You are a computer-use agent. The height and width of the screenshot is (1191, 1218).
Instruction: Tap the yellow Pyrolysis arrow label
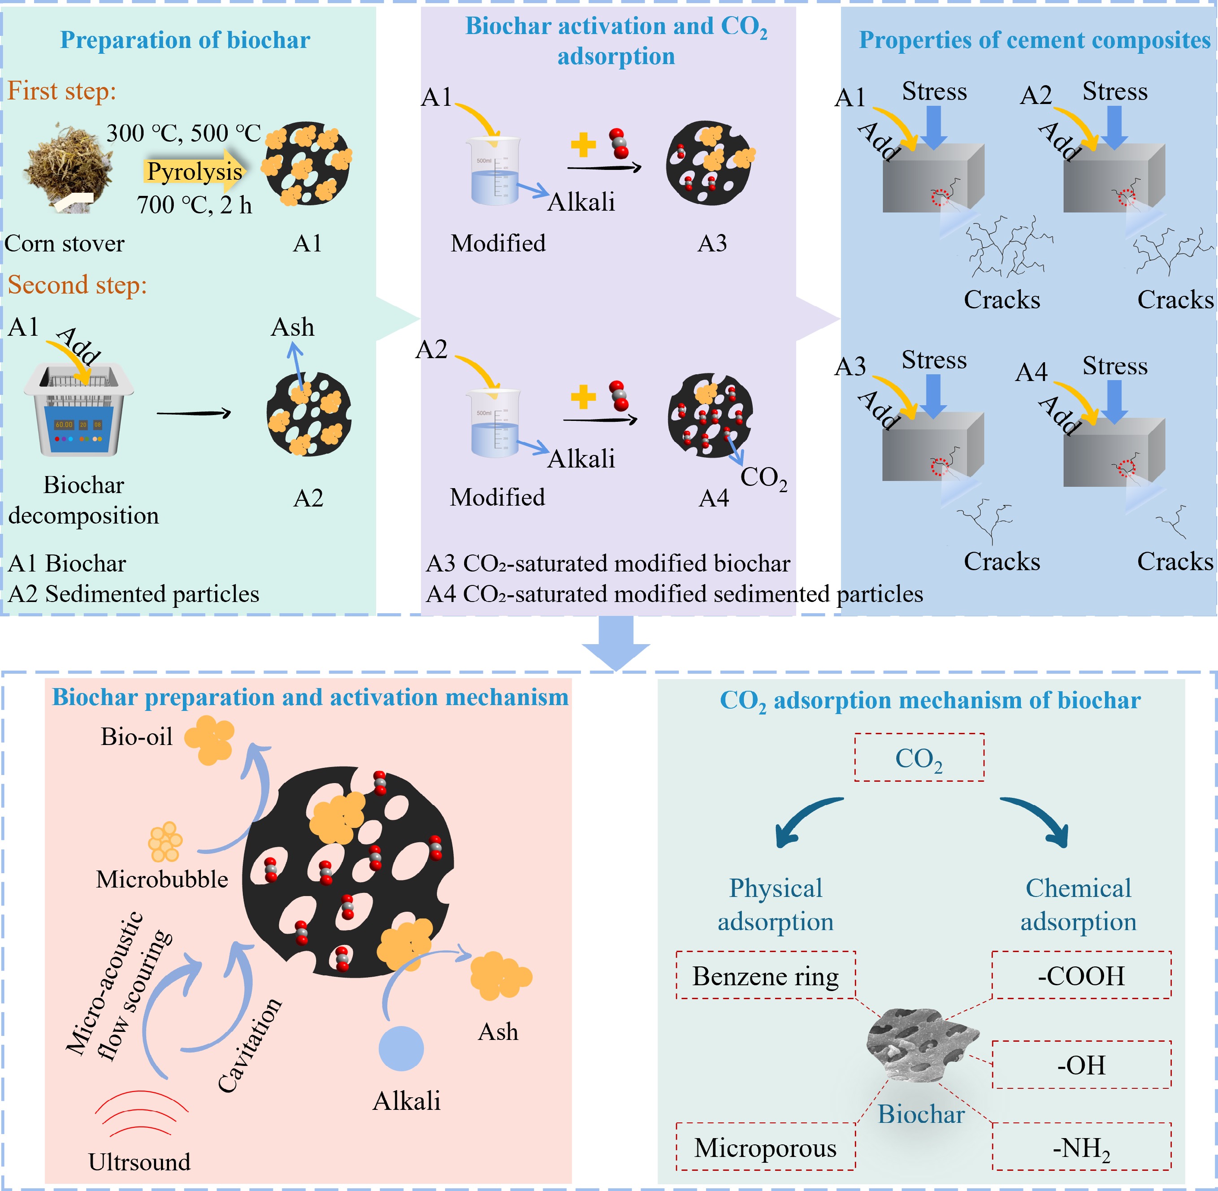click(194, 171)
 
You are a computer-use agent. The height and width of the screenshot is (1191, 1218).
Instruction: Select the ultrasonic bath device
click(79, 410)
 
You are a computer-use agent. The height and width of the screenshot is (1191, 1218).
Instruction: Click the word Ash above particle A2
click(292, 327)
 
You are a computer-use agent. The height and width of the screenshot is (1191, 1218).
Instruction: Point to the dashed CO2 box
click(919, 758)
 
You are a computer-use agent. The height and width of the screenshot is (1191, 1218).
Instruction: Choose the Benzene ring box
click(765, 976)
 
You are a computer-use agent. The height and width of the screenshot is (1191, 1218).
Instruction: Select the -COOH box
click(1081, 976)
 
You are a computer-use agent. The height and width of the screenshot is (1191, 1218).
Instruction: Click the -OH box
click(1081, 1065)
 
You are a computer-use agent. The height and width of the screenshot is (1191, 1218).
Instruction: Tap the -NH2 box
click(1081, 1148)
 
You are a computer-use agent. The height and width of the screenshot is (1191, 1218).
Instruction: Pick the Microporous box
click(765, 1148)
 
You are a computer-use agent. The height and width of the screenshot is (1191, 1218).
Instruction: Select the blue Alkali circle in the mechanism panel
click(401, 1049)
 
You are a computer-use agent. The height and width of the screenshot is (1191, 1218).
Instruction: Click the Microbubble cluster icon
click(165, 842)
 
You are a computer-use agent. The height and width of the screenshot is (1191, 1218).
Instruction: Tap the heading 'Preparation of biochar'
click(185, 40)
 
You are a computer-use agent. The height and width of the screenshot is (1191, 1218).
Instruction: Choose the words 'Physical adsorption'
click(776, 905)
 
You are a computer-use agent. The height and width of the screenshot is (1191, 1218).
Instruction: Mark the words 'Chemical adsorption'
click(1079, 905)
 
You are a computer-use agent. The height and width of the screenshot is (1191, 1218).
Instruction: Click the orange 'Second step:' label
click(78, 285)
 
